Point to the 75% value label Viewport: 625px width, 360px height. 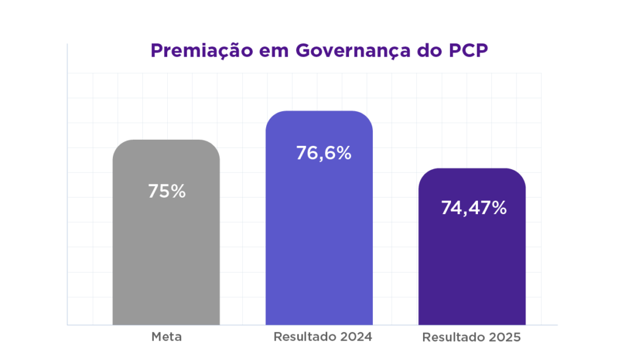click(x=167, y=191)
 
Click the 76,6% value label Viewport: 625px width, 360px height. click(x=323, y=153)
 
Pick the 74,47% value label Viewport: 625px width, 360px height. click(x=474, y=208)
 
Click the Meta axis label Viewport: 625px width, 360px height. click(x=167, y=336)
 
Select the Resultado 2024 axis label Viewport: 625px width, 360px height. click(x=323, y=336)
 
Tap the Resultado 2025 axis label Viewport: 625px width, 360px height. click(x=472, y=337)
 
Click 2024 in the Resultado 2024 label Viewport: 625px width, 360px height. click(x=355, y=336)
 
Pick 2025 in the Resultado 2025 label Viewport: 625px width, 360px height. click(x=504, y=337)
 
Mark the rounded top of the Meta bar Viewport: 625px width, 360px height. click(x=166, y=141)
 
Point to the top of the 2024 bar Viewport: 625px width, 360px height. click(x=319, y=112)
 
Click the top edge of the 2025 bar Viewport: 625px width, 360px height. click(x=472, y=170)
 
